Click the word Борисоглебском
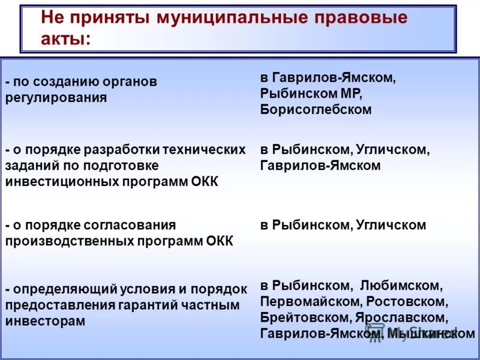tap(316, 110)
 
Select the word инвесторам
tap(45, 321)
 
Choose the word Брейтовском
tap(303, 317)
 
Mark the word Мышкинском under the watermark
tap(431, 334)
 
